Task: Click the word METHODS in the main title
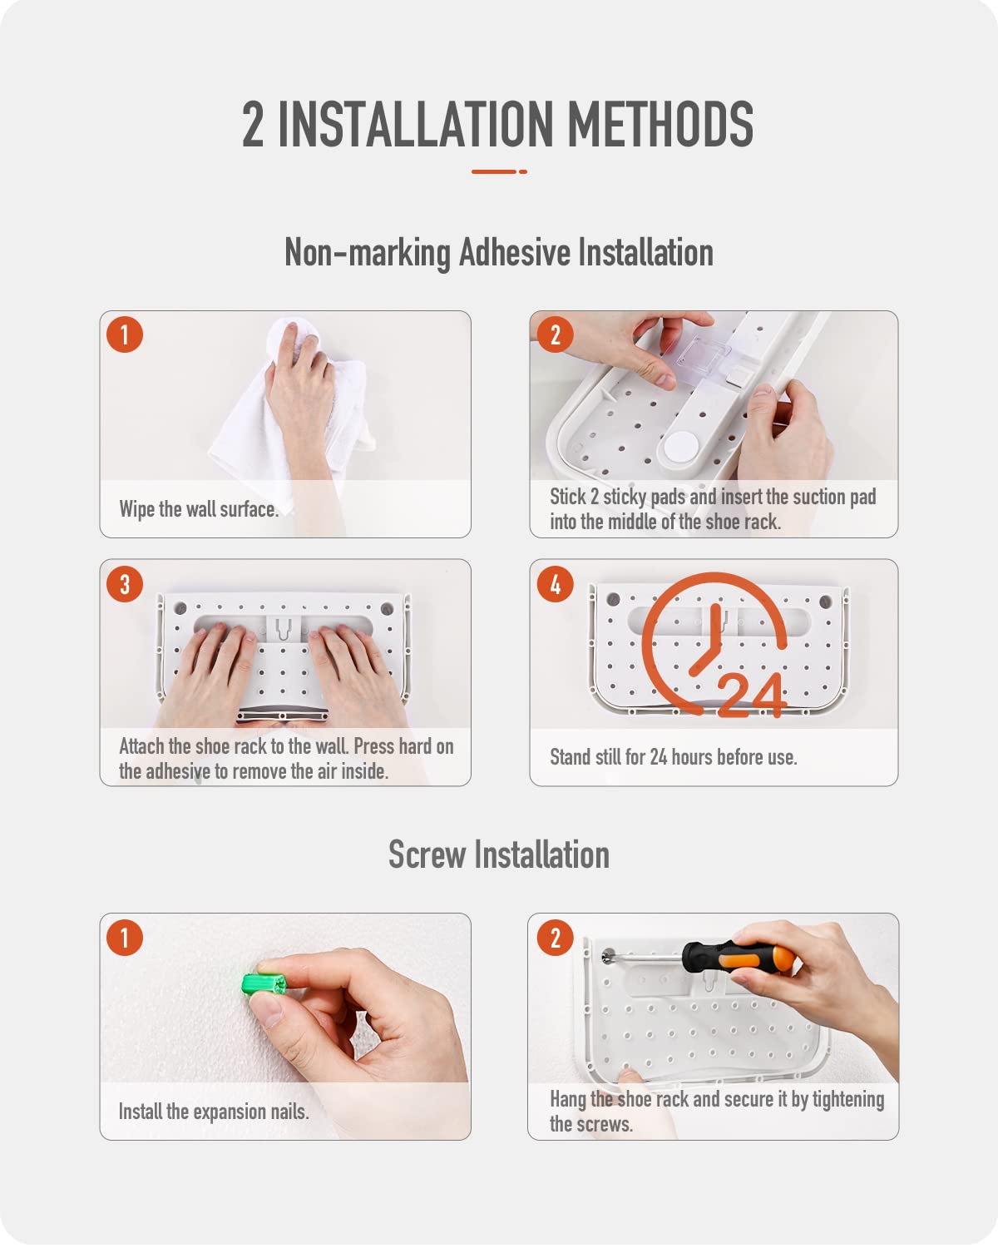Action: click(x=660, y=123)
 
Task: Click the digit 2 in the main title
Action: click(x=252, y=123)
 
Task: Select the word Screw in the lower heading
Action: click(x=427, y=854)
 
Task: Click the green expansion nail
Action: click(x=264, y=985)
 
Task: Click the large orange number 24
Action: click(x=753, y=695)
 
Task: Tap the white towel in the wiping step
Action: click(x=290, y=418)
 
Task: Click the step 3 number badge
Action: click(x=125, y=584)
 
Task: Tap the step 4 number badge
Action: click(x=555, y=584)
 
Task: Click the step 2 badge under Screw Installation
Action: click(x=555, y=938)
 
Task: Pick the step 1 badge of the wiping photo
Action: click(x=125, y=334)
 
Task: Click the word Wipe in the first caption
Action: click(x=137, y=509)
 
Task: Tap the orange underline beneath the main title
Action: click(x=499, y=171)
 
